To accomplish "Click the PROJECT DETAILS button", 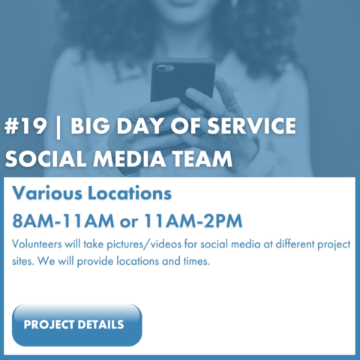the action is [77, 325].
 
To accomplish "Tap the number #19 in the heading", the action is [25, 125].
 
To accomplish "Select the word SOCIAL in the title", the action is [45, 159].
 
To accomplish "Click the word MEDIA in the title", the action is [129, 159].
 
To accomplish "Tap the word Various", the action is [47, 193].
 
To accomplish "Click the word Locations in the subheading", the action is [130, 193].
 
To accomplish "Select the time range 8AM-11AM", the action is [63, 221].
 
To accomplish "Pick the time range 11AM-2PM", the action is [193, 221].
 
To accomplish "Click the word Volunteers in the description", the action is [37, 244].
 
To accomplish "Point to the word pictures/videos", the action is [144, 244].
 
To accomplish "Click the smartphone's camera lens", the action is [163, 68].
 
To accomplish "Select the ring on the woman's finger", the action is [232, 105].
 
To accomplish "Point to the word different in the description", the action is [295, 244].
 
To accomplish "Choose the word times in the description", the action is [196, 261].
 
